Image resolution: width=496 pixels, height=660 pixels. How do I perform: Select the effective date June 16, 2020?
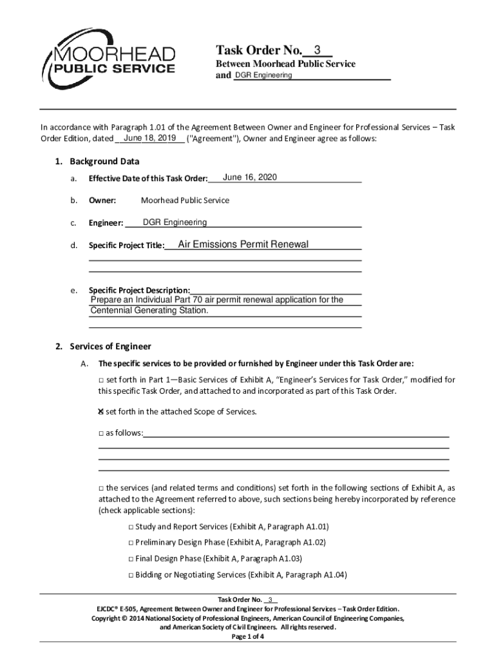250,177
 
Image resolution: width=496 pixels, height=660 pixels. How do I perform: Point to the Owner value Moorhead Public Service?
185,200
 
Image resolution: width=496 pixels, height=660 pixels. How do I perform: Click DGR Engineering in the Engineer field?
175,222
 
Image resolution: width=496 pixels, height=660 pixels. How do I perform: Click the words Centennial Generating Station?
149,311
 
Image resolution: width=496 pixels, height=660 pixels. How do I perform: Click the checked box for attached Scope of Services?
101,411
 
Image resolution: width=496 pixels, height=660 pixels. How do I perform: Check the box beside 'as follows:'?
101,433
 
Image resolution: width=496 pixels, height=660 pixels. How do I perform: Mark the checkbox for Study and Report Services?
131,527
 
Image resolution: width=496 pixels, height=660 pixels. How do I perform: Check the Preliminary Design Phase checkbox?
131,543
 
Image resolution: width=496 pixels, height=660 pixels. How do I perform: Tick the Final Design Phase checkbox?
131,559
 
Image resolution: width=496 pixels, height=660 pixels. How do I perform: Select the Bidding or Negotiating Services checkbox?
131,575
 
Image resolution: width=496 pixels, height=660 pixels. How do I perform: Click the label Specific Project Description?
139,290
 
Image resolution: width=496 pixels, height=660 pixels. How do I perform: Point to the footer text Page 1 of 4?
247,636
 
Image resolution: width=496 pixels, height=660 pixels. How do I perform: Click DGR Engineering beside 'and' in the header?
263,75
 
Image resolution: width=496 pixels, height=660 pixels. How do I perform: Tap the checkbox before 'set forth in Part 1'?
101,379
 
